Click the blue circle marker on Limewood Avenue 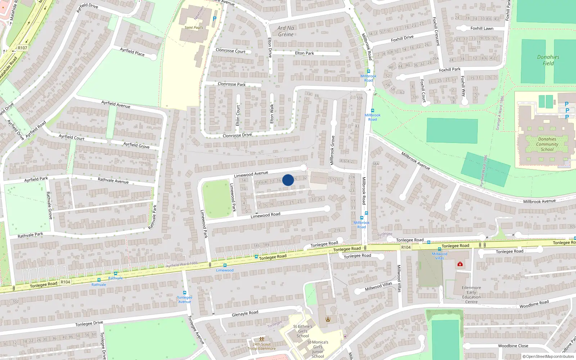(x=288, y=180)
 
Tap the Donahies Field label (x=548, y=60)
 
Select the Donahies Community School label (x=547, y=144)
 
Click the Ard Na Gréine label (x=286, y=31)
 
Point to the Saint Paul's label (x=194, y=27)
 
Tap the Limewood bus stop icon (x=225, y=265)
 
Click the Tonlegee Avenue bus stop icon (x=185, y=293)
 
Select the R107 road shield (x=22, y=48)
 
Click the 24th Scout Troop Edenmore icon (x=262, y=339)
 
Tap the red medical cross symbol (x=460, y=264)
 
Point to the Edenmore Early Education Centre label (x=471, y=294)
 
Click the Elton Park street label (x=304, y=53)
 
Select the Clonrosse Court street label (x=230, y=51)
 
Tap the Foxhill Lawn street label (x=482, y=28)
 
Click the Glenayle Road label (x=245, y=314)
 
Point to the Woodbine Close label (x=513, y=346)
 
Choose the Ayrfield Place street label (x=132, y=52)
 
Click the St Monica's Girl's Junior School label (x=318, y=349)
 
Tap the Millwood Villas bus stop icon (x=439, y=249)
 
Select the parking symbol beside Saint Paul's (x=215, y=19)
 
